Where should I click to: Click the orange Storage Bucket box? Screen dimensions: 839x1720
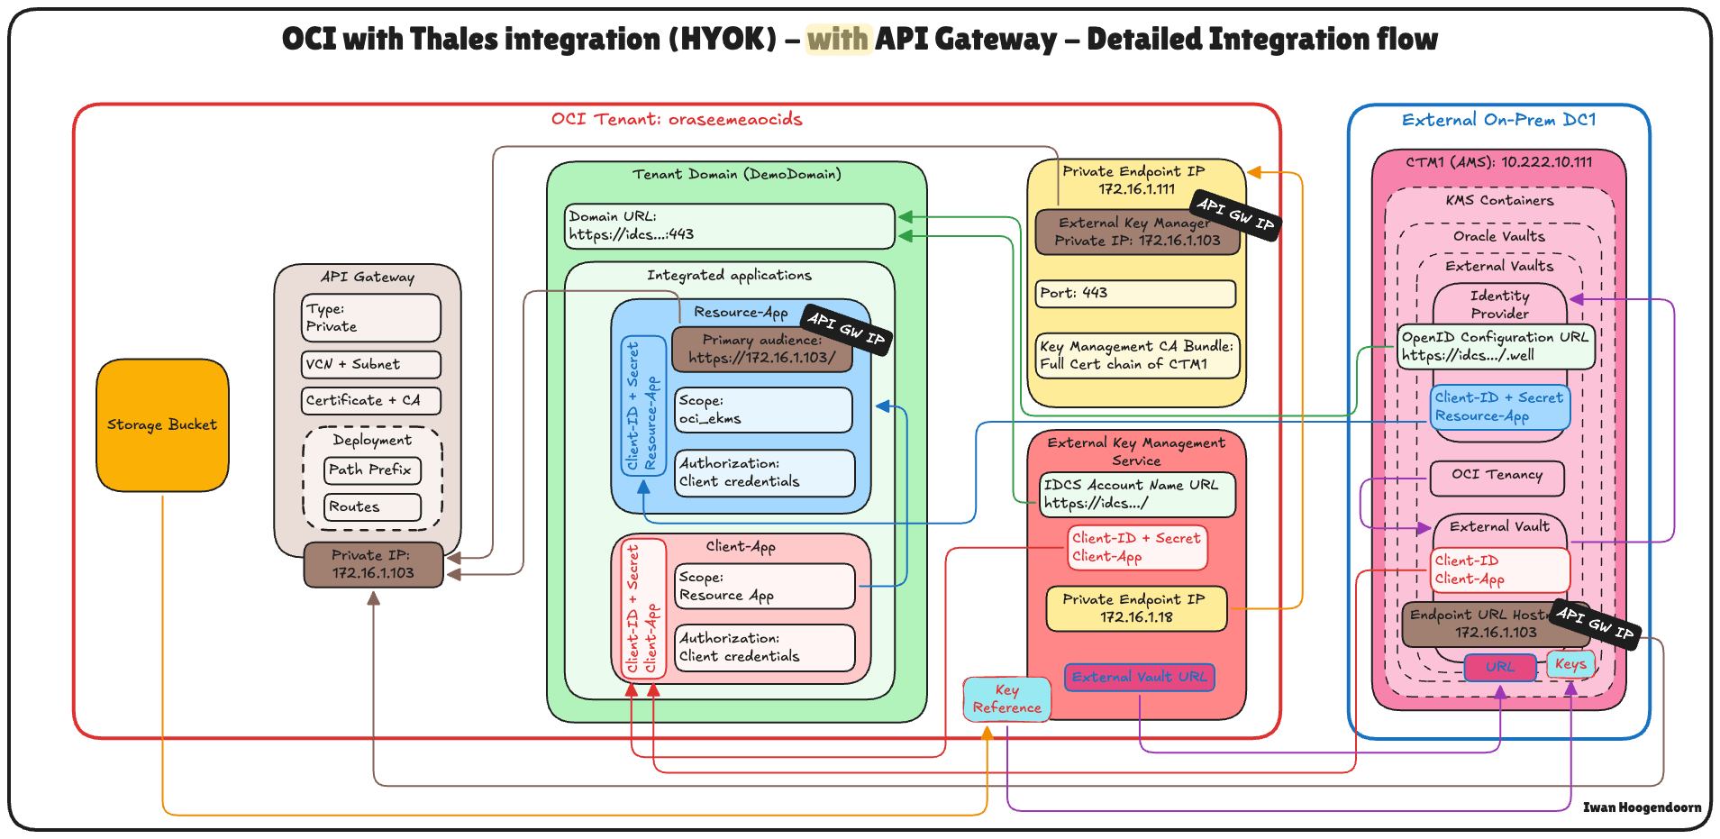pos(162,425)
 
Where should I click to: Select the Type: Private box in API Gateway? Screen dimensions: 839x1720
pos(370,318)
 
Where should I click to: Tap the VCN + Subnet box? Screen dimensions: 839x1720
pos(370,364)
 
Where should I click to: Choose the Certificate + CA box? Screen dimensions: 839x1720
pos(370,400)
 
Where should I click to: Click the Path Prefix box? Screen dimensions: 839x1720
pos(371,470)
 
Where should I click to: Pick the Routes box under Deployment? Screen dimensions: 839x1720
pos(371,506)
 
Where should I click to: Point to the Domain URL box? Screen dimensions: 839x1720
pos(729,225)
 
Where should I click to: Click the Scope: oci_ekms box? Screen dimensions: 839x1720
pos(763,410)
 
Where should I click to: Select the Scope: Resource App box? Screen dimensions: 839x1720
pos(764,587)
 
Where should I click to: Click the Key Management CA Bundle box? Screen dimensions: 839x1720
pos(1137,355)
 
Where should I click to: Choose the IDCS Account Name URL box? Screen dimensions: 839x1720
pos(1137,494)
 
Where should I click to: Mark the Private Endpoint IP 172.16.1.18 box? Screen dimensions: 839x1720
pos(1135,608)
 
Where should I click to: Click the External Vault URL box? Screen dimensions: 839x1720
pos(1139,677)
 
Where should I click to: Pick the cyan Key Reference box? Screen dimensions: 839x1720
pos(1006,698)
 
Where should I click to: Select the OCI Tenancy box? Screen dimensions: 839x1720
pos(1497,476)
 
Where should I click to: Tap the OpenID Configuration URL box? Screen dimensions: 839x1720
pos(1496,346)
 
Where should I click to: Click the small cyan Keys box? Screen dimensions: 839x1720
pos(1570,664)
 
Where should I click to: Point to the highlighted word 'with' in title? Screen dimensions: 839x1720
pos(838,39)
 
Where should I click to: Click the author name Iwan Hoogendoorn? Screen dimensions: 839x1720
pos(1642,807)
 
